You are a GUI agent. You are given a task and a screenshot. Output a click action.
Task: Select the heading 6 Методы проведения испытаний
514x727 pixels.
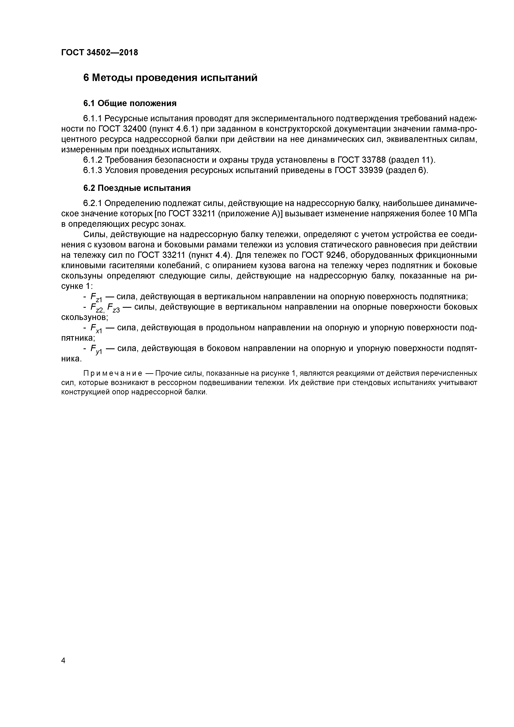tap(170, 78)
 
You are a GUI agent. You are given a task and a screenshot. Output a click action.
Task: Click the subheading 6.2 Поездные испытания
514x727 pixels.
tap(137, 188)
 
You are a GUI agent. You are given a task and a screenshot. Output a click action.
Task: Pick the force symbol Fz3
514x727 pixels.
tap(113, 308)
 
